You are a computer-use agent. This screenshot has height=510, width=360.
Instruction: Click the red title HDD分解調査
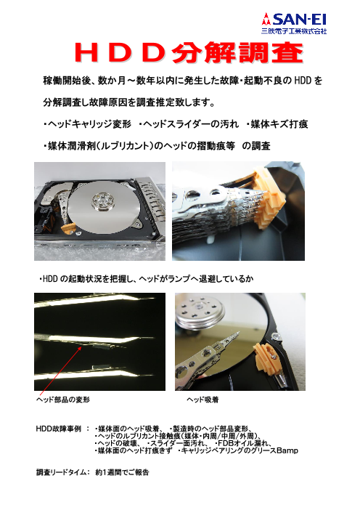pyautogui.click(x=179, y=53)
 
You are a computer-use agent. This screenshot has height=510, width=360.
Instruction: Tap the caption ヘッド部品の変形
pyautogui.click(x=65, y=400)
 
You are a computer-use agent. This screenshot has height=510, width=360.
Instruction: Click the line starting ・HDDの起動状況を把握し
pyautogui.click(x=145, y=278)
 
